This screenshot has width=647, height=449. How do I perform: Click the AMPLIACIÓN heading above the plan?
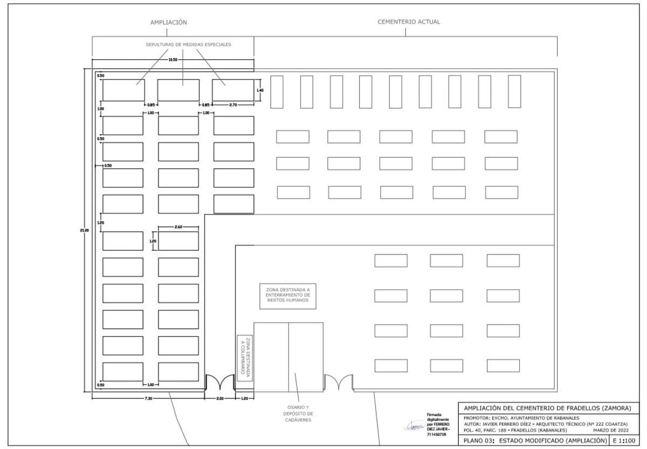[x=168, y=23]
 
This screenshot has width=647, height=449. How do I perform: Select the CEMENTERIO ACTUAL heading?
[x=409, y=22]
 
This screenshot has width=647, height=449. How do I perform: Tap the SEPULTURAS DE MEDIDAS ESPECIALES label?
[x=189, y=45]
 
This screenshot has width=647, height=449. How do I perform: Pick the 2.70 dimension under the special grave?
[x=233, y=105]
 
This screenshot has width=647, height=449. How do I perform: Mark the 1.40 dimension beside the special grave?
[x=259, y=90]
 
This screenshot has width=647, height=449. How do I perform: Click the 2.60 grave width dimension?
[x=179, y=227]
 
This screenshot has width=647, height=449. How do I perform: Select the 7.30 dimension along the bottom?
[x=148, y=398]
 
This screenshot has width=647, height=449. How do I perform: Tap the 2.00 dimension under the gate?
[x=219, y=398]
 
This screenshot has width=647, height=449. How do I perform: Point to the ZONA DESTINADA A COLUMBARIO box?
[x=245, y=357]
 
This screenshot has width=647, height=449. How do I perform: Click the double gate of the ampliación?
[x=220, y=383]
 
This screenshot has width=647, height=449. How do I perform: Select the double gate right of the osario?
[x=338, y=383]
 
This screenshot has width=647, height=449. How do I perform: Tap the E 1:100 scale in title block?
[x=621, y=440]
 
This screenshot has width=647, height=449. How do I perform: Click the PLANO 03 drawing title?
[x=532, y=440]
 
